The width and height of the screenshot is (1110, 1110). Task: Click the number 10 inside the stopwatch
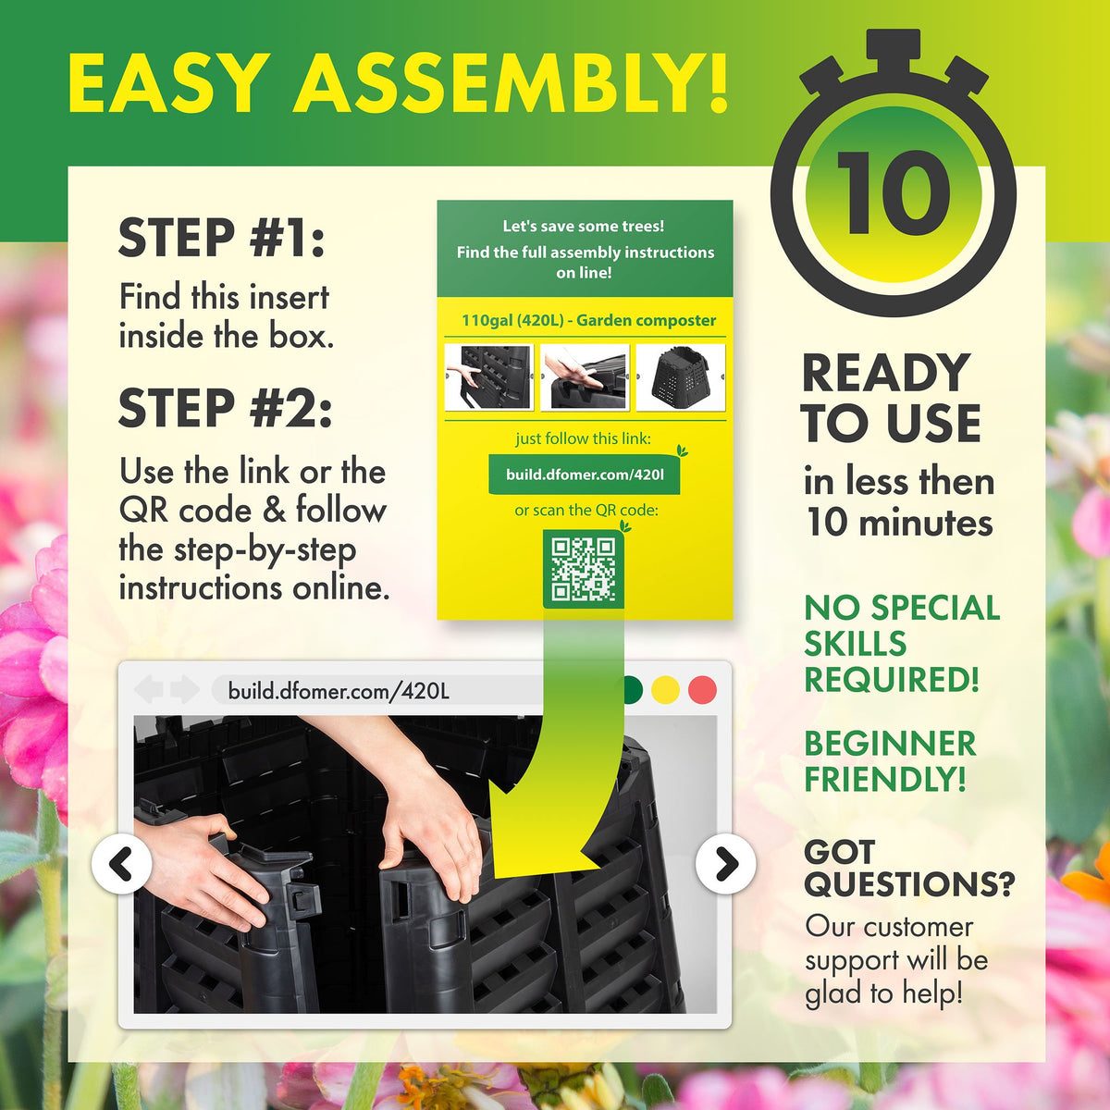tap(894, 192)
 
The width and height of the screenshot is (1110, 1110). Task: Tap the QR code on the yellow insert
tap(583, 568)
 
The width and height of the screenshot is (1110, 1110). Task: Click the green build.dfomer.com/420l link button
tap(585, 475)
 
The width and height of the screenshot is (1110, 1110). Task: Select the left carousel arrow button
tap(122, 864)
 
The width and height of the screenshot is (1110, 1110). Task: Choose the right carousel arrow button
tap(726, 864)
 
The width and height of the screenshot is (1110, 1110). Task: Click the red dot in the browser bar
tap(702, 690)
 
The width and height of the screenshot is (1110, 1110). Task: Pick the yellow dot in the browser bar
tap(665, 690)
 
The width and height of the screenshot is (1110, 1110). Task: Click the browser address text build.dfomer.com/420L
tap(339, 691)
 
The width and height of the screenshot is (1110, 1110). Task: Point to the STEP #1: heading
tap(222, 238)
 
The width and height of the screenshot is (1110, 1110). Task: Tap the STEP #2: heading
tap(225, 408)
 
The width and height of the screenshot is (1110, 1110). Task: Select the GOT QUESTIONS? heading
tap(908, 868)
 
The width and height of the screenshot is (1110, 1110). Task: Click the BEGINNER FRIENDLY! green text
tap(890, 760)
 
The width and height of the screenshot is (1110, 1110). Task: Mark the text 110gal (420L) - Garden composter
tap(588, 321)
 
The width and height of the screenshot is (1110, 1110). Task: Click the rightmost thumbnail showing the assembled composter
tap(681, 377)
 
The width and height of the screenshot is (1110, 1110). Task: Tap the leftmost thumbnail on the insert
tap(488, 377)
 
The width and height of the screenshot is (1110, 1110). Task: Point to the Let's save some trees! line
tap(584, 226)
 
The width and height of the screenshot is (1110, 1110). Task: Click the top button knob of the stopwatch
tap(894, 46)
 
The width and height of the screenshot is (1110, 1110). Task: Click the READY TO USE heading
tap(890, 398)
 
